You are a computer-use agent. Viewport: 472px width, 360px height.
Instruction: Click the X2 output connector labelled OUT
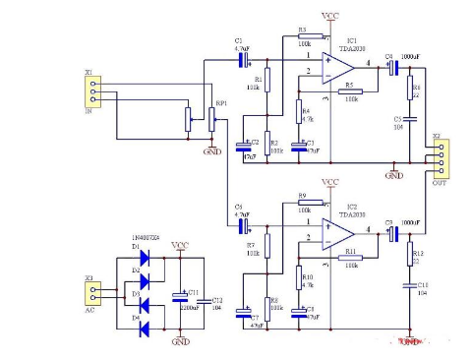[x=435, y=160]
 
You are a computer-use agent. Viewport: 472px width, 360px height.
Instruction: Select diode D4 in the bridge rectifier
[x=147, y=320]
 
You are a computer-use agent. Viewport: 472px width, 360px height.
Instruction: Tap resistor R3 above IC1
[x=304, y=38]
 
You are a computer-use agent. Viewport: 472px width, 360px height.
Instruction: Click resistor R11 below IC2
[x=349, y=258]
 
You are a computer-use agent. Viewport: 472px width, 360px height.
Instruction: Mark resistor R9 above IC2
[x=304, y=205]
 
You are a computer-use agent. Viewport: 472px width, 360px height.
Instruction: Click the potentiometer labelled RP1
[x=212, y=120]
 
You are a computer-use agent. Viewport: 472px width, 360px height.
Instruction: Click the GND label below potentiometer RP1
[x=211, y=152]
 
